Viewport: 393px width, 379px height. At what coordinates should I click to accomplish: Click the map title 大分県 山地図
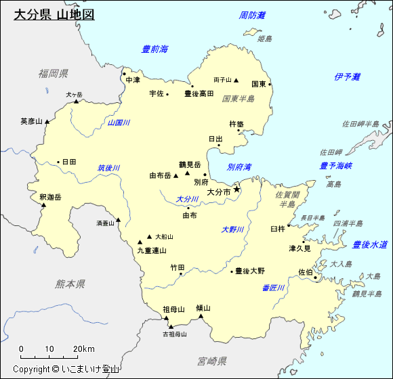point(54,14)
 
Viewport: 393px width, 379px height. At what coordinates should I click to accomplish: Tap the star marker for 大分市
point(237,189)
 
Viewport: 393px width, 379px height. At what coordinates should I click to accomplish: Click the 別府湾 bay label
point(239,166)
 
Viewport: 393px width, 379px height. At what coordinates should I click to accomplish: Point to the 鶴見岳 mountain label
point(190,164)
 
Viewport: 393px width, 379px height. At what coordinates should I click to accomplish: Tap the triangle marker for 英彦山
point(48,122)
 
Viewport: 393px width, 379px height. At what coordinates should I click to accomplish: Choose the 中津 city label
point(133,80)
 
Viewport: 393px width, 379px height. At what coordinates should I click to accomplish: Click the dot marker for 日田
point(58,162)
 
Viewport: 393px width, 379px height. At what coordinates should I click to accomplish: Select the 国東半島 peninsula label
point(239,99)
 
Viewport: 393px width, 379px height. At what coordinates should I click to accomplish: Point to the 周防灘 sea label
point(253,15)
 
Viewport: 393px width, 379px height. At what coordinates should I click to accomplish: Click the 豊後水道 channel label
point(370,244)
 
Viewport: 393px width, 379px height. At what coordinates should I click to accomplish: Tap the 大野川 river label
point(232,230)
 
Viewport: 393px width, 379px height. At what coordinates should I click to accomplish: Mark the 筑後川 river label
point(108,168)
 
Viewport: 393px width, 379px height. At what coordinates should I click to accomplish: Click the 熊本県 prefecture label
point(70,284)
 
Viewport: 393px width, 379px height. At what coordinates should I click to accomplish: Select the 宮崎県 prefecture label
point(208,361)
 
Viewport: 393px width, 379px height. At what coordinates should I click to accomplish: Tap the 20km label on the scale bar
point(84,349)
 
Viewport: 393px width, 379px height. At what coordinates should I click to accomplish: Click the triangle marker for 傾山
point(201,315)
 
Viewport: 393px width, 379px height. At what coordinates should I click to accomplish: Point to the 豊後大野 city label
point(250,271)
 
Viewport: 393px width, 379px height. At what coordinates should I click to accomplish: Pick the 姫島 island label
point(265,39)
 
